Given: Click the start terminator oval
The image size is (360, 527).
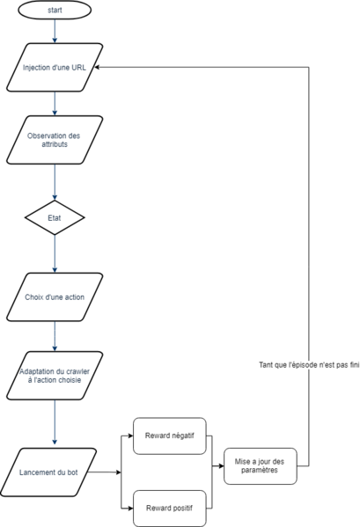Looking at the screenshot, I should tap(55, 11).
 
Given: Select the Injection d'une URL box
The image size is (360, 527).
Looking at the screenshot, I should tap(55, 67).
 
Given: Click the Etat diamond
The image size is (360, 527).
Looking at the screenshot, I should tap(55, 216).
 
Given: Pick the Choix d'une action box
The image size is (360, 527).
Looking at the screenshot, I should tap(55, 296).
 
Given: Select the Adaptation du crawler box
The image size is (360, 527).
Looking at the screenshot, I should tap(55, 376).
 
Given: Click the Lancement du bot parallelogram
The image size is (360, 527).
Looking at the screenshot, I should tap(55, 472).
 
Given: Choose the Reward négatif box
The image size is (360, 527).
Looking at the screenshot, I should tap(169, 436).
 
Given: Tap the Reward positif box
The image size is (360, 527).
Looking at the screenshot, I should tap(169, 508).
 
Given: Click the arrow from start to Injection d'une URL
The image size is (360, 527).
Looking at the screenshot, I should tap(55, 33).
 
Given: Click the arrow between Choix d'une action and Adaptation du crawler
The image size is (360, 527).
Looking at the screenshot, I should tap(55, 334).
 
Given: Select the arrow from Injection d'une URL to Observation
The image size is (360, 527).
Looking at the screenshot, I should tap(55, 104).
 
